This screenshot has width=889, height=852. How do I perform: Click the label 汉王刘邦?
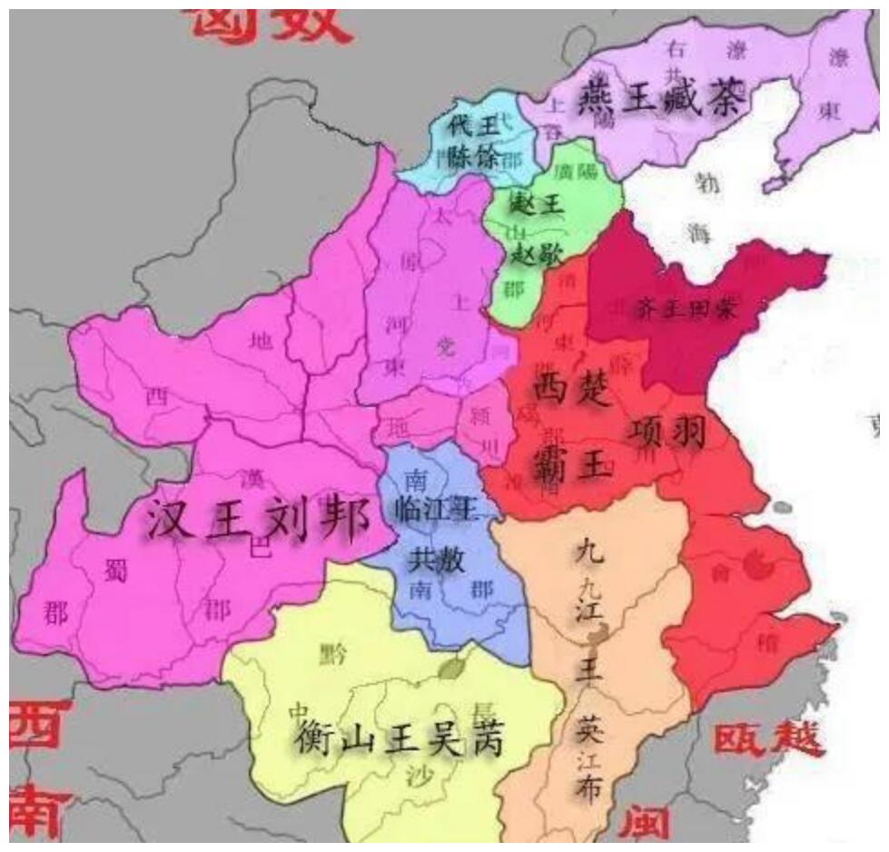pos(259,522)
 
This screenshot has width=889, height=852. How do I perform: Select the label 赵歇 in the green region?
pos(535,252)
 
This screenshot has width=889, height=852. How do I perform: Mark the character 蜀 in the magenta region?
pos(115,571)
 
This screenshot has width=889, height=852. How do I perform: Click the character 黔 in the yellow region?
pos(333,653)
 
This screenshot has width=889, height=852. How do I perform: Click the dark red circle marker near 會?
pos(756,565)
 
